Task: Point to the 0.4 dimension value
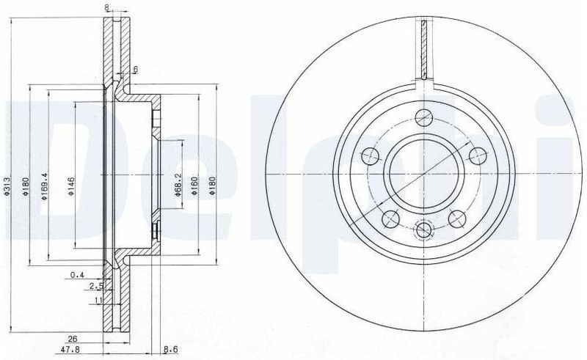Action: click(76, 276)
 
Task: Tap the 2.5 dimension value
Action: click(94, 287)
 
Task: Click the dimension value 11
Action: click(98, 300)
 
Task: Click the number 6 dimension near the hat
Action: click(135, 70)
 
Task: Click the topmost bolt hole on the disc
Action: click(424, 115)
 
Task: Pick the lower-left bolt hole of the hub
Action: click(391, 217)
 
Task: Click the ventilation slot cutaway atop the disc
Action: click(424, 48)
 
